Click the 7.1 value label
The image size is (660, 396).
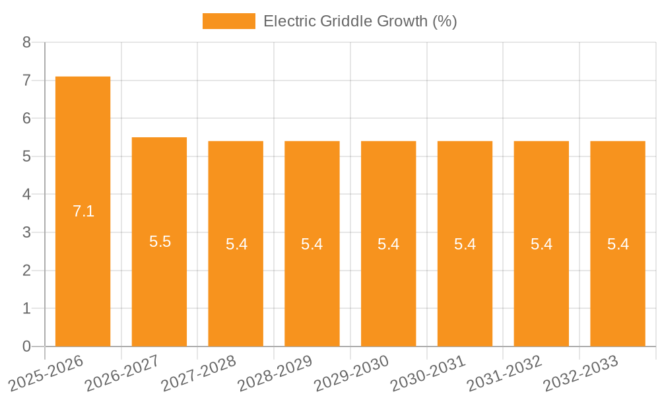[83, 211]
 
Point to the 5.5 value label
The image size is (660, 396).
[160, 242]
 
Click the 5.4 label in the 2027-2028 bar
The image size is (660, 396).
[236, 244]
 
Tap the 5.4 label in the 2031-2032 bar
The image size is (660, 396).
[541, 244]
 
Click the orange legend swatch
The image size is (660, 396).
[228, 21]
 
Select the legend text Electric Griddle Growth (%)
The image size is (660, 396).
[360, 21]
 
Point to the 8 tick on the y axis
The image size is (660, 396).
[26, 42]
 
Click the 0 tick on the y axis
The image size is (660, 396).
[26, 346]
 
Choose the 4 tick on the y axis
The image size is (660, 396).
[26, 195]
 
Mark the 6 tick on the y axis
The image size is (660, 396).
[26, 119]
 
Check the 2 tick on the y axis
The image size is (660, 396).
[26, 271]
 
